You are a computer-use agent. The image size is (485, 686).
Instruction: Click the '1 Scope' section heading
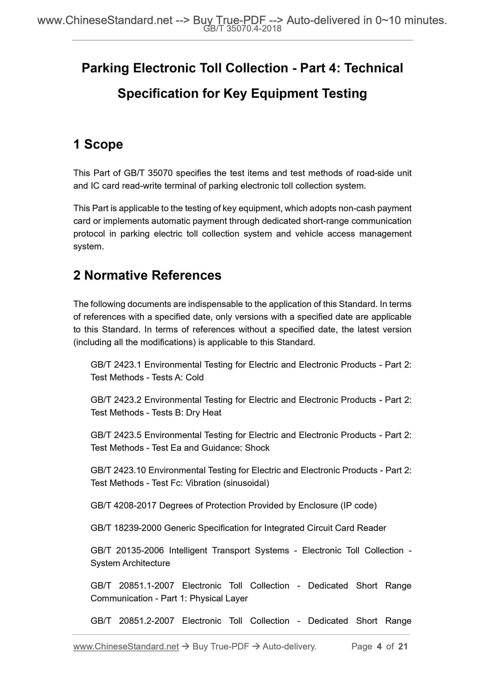[x=98, y=144]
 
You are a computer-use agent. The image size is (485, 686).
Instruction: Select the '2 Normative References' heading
[x=147, y=275]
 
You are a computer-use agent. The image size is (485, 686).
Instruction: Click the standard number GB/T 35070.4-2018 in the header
[x=242, y=29]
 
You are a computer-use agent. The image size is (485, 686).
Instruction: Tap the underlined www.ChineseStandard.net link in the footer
[x=126, y=646]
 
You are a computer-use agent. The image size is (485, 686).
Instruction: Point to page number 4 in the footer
[x=379, y=646]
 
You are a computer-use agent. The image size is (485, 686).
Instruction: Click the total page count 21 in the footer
[x=403, y=646]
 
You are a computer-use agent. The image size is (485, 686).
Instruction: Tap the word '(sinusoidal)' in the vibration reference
[x=246, y=483]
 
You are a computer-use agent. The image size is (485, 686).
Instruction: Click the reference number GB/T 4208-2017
[x=123, y=506]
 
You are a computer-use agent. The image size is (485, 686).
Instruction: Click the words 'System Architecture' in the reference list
[x=130, y=563]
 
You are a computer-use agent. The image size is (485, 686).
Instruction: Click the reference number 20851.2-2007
[x=147, y=621]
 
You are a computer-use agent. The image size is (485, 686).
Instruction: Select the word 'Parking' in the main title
[x=105, y=68]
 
